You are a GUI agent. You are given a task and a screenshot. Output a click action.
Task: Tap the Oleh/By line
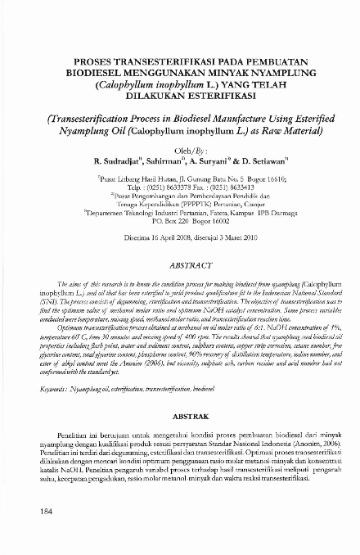[179, 151]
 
